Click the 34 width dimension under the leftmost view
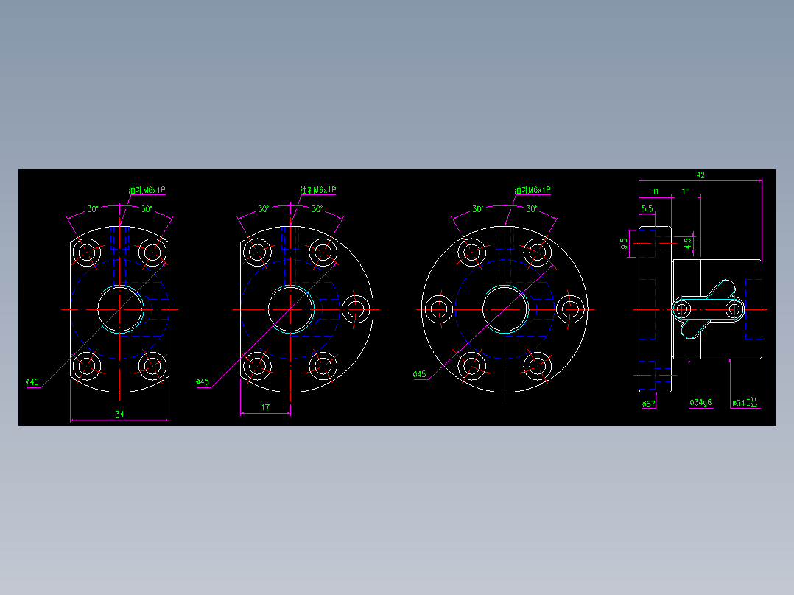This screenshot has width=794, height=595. coord(119,414)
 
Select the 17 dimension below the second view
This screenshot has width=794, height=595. coord(265,407)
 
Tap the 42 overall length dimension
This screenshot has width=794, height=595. coord(700,175)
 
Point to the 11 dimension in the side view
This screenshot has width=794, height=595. coord(655,191)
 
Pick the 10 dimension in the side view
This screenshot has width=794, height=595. coord(686,191)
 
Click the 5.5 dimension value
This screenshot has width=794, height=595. coord(647,209)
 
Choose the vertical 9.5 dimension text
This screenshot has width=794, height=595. coord(625,242)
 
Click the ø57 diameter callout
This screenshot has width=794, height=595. coord(649,404)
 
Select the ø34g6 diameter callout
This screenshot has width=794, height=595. coord(700,403)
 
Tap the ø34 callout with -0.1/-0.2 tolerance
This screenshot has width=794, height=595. coord(744,403)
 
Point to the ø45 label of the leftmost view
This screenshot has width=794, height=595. coord(32,382)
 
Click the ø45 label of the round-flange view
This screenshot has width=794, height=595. coord(419,374)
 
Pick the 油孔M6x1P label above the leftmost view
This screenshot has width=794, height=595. coord(147,190)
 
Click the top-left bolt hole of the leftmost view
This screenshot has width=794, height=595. coord(87,252)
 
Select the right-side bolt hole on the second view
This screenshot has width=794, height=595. coord(356,309)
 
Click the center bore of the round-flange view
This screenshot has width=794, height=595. coord(505,309)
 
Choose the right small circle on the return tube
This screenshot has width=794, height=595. coord(734,309)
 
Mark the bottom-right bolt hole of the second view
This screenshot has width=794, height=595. coord(323,365)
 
